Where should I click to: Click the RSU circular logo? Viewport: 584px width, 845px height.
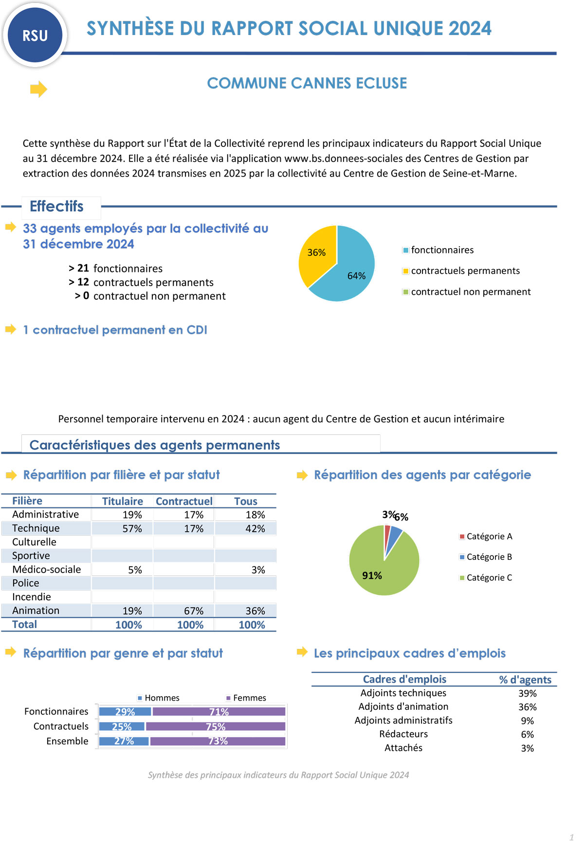tap(35, 35)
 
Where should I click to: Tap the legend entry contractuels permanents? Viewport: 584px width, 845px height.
tap(465, 271)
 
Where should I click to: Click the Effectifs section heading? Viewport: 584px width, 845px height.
tap(56, 206)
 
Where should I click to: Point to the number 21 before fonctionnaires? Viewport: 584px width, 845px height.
tap(83, 269)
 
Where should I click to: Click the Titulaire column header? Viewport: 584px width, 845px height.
tap(123, 501)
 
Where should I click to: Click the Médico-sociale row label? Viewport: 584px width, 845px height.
tap(47, 569)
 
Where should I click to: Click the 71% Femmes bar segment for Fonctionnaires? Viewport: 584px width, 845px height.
tap(219, 712)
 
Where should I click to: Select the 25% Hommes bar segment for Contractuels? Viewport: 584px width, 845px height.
tap(122, 726)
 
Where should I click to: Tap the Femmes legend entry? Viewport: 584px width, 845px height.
tap(249, 698)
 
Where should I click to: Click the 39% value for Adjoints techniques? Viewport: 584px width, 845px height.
tap(528, 693)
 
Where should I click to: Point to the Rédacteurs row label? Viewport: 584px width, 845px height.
tap(403, 734)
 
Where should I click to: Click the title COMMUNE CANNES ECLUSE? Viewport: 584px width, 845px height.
tap(307, 83)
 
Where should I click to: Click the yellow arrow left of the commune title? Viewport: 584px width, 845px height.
tap(38, 89)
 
